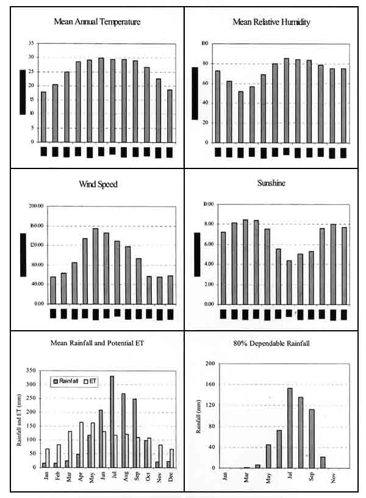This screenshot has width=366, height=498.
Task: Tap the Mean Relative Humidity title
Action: click(271, 22)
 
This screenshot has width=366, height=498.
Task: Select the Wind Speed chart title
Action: click(98, 184)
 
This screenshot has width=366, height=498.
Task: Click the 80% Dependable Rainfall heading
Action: click(275, 344)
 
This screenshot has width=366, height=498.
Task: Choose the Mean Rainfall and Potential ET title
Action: click(96, 343)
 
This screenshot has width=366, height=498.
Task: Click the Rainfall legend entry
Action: click(69, 381)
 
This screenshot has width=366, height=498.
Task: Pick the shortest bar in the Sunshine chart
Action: click(289, 282)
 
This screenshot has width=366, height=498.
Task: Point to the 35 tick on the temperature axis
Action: click(31, 43)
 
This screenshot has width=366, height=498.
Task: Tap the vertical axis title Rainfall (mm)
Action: click(198, 416)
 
